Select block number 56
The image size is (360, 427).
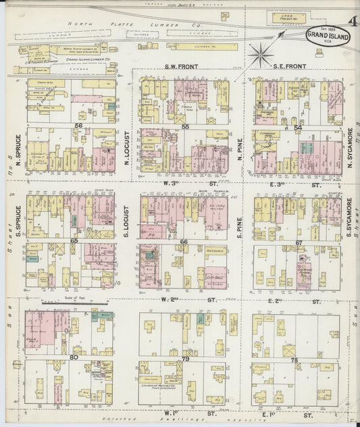point(79,126)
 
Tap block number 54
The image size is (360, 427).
point(298,126)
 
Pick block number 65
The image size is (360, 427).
point(73,241)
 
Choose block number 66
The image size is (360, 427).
point(184,241)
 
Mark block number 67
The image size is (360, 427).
point(299,242)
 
